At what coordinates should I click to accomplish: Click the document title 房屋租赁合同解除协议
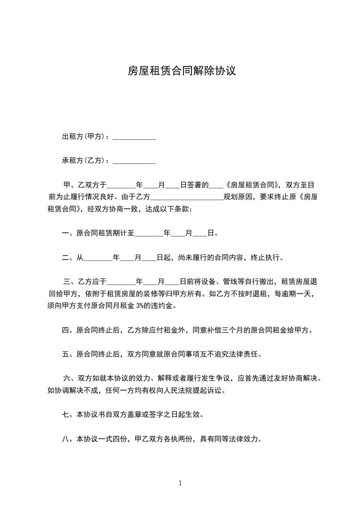182,71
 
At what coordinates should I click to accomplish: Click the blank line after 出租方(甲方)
134,137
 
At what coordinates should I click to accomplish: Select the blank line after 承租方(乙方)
134,161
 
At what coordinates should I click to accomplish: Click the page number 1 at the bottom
180,483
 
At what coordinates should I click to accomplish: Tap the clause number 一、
69,234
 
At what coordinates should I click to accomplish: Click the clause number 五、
69,354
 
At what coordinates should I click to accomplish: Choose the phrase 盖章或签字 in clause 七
141,415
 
